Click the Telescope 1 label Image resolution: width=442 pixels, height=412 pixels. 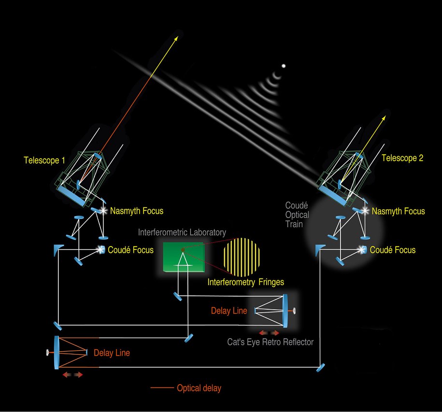(44, 160)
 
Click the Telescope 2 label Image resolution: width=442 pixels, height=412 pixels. (402, 158)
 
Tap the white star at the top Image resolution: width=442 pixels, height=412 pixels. (284, 66)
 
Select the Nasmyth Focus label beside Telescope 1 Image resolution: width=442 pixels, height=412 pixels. (137, 211)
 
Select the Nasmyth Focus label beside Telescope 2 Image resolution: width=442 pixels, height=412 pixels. (399, 211)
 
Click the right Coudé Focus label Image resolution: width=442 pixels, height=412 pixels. (392, 250)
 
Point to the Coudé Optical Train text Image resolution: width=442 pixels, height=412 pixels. (297, 215)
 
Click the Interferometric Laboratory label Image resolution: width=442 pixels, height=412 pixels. (182, 233)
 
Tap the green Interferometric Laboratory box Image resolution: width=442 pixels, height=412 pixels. (184, 257)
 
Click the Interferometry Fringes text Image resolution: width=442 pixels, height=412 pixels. (246, 281)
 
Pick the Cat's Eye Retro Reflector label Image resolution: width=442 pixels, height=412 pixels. (270, 342)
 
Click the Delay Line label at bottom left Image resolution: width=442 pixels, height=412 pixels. (112, 353)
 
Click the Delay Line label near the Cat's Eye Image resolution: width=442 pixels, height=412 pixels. (229, 311)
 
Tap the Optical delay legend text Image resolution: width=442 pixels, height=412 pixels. (199, 388)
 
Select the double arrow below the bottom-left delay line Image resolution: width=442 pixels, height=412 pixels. (72, 374)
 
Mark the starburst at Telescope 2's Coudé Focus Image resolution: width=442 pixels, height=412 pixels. (362, 249)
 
